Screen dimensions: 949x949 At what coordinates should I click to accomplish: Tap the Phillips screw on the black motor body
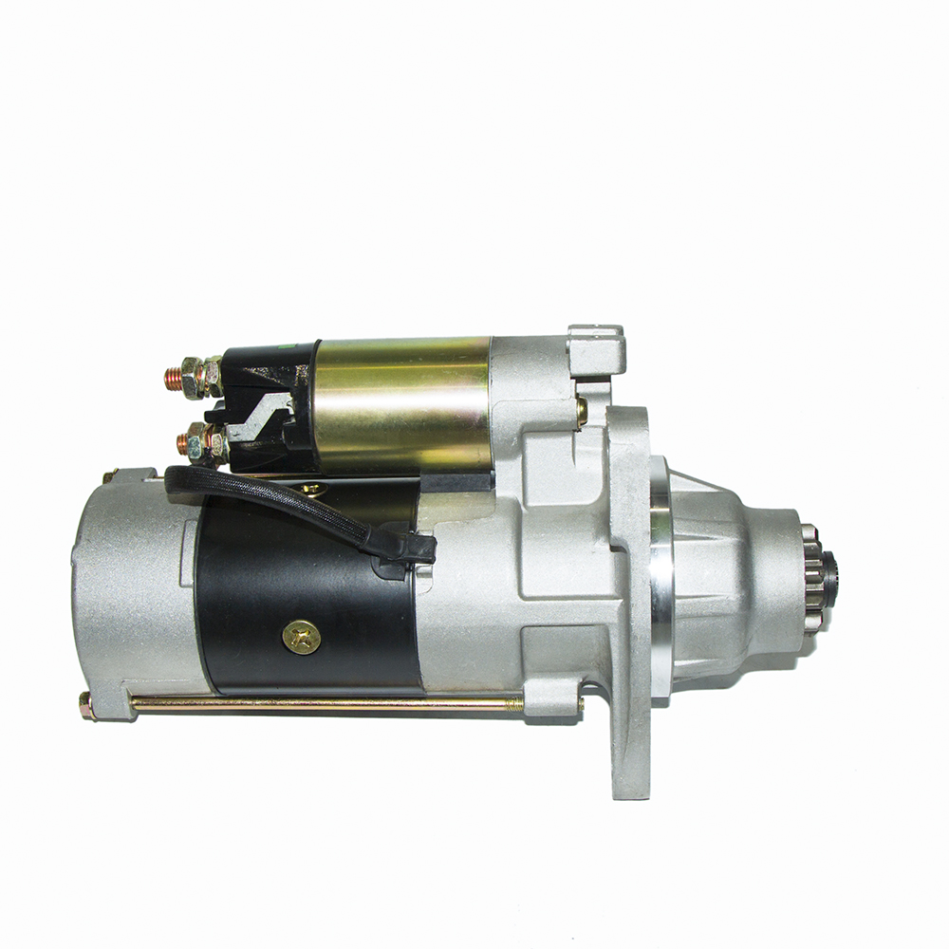(x=302, y=637)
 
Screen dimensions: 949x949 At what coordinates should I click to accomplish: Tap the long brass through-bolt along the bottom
(x=323, y=704)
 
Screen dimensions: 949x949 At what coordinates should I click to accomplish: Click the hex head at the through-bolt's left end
(x=86, y=704)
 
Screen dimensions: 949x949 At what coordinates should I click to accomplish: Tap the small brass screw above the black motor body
(x=312, y=490)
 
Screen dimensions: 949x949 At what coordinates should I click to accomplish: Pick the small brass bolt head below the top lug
(x=581, y=409)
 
